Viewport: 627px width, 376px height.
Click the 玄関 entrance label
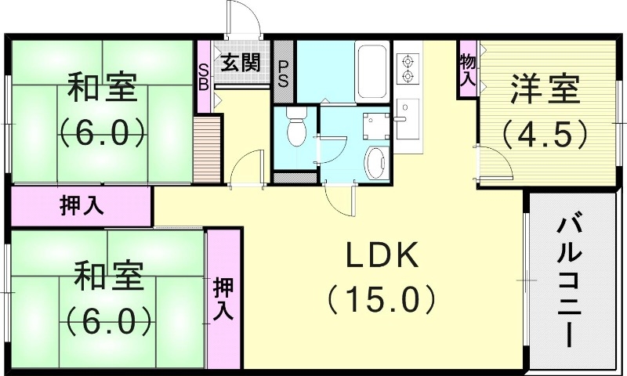[240, 63]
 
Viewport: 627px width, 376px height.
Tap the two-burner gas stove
[408, 68]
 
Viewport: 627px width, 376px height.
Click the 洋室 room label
[545, 89]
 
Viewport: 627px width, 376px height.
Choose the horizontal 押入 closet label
[82, 207]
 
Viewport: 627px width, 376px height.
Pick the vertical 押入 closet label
[223, 298]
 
